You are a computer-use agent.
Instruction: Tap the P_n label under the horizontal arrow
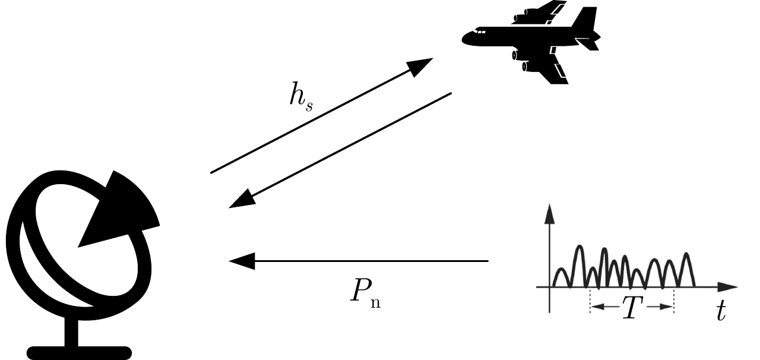(x=365, y=292)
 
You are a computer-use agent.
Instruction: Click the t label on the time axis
(x=721, y=311)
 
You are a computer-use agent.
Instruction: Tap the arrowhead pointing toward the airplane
(x=423, y=65)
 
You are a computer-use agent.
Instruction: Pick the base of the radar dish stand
(x=79, y=353)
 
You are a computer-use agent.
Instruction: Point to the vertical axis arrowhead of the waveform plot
(x=550, y=213)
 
